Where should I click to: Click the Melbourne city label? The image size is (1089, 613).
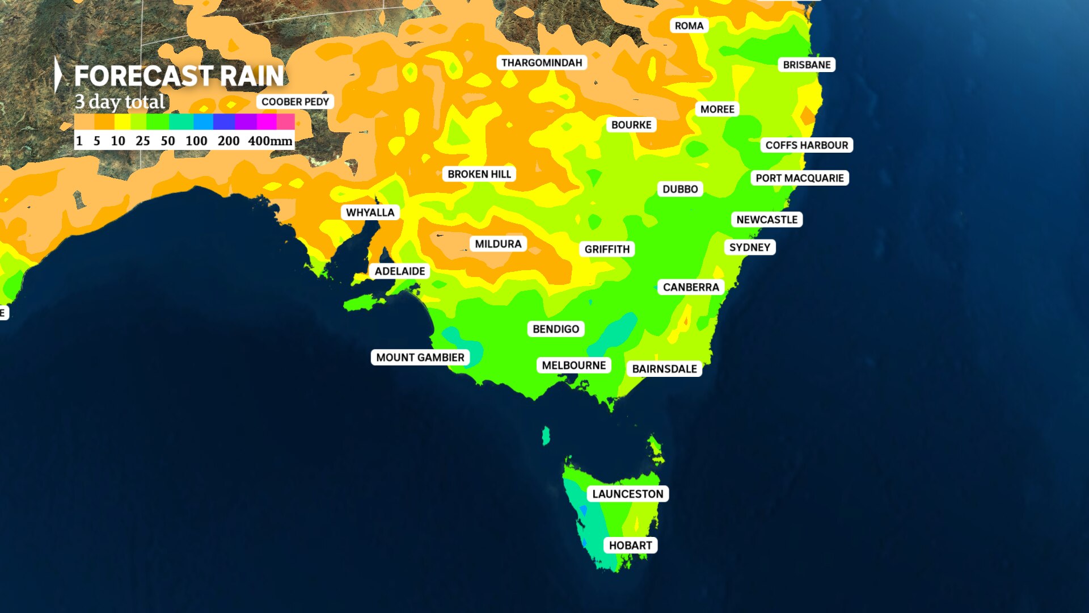[573, 365]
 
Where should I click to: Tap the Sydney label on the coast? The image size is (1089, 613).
[749, 247]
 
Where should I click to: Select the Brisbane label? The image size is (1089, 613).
[806, 65]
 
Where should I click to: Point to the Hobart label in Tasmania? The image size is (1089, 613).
[630, 545]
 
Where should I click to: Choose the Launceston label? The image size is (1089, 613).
[627, 494]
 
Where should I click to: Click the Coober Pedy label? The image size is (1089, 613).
[295, 102]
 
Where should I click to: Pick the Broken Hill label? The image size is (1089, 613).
[479, 174]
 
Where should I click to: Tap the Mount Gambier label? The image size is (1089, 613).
[420, 358]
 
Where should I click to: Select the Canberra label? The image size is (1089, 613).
[690, 287]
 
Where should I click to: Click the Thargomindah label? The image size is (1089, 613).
[541, 62]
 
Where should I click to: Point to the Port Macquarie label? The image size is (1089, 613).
[799, 178]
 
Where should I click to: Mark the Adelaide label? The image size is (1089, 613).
[399, 271]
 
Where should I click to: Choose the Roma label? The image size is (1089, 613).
[689, 26]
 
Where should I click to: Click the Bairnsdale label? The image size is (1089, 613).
[664, 369]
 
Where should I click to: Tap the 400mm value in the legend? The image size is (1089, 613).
[270, 141]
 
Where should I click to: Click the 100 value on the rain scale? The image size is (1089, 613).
[196, 141]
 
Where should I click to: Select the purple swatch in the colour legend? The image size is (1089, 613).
[246, 121]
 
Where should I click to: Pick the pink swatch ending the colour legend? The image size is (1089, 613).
[285, 121]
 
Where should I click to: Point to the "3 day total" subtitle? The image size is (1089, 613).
[120, 102]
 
